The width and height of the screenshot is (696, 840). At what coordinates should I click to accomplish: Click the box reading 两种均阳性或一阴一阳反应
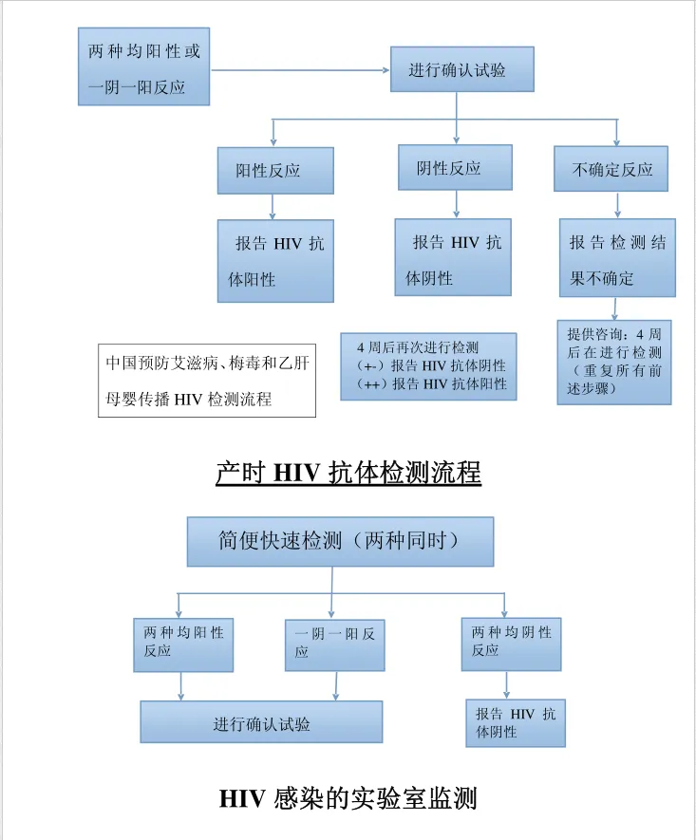click(143, 66)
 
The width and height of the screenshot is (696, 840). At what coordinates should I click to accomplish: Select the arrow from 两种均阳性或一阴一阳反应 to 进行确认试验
click(300, 69)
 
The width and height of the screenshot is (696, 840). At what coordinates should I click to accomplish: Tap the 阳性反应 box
click(275, 170)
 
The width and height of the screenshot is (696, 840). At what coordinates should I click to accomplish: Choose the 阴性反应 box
click(455, 167)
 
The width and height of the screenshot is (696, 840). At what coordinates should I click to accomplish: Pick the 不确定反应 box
click(611, 169)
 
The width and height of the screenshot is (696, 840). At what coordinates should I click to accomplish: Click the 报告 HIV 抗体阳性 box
click(275, 261)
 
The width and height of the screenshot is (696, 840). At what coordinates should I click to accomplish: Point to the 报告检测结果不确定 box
click(617, 257)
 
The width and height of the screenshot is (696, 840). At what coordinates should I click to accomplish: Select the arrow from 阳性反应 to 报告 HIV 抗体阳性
click(273, 207)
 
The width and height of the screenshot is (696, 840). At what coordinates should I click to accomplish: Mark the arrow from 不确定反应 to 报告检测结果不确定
click(618, 205)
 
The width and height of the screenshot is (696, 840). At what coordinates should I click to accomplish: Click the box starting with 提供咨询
click(614, 363)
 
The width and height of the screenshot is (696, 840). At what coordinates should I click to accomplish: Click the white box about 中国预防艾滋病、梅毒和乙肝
click(207, 381)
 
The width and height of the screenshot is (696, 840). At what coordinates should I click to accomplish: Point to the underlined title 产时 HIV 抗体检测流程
click(348, 473)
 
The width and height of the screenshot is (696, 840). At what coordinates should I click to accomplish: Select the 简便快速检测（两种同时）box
click(340, 542)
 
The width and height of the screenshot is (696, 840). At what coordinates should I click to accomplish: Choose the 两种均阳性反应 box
click(183, 645)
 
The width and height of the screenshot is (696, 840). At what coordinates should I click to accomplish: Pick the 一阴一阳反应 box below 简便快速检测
click(335, 645)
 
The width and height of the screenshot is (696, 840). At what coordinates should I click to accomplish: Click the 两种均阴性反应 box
click(511, 644)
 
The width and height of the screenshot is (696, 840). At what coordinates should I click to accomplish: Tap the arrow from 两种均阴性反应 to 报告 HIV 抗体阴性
click(506, 684)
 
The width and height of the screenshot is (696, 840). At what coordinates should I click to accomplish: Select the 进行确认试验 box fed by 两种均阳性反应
click(261, 721)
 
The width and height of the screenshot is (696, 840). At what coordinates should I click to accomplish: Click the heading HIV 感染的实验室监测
click(348, 799)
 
